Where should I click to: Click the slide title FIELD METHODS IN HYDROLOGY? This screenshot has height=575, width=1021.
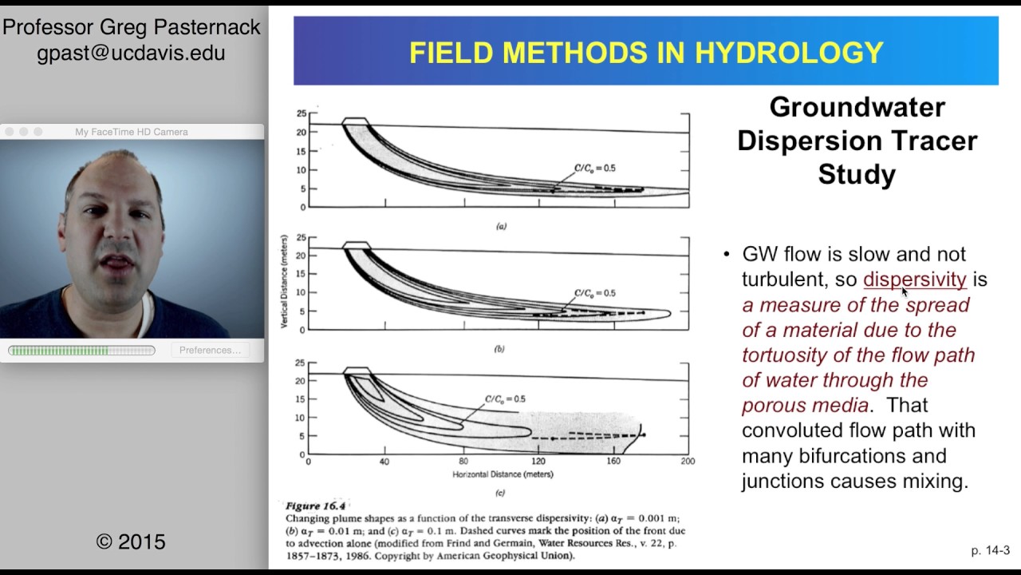[645, 53]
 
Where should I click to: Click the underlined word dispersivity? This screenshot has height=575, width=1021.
[914, 280]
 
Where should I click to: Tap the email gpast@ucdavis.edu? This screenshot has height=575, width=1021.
[131, 53]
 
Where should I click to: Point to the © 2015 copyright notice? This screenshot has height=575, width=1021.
[131, 541]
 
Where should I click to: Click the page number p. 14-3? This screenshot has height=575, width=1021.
[990, 550]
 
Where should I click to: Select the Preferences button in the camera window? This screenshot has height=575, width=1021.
[210, 350]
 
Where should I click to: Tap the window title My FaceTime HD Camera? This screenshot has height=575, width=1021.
[132, 132]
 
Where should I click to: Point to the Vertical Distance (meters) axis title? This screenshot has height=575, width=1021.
[284, 282]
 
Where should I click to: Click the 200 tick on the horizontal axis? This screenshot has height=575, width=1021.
[688, 462]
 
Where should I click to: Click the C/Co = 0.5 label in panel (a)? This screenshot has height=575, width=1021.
[595, 169]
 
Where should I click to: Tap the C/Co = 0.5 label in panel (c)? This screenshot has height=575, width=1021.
[506, 399]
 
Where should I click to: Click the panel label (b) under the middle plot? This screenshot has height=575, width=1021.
[499, 349]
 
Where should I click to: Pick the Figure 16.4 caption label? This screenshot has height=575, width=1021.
[316, 506]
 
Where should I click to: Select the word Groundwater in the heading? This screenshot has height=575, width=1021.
[857, 107]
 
